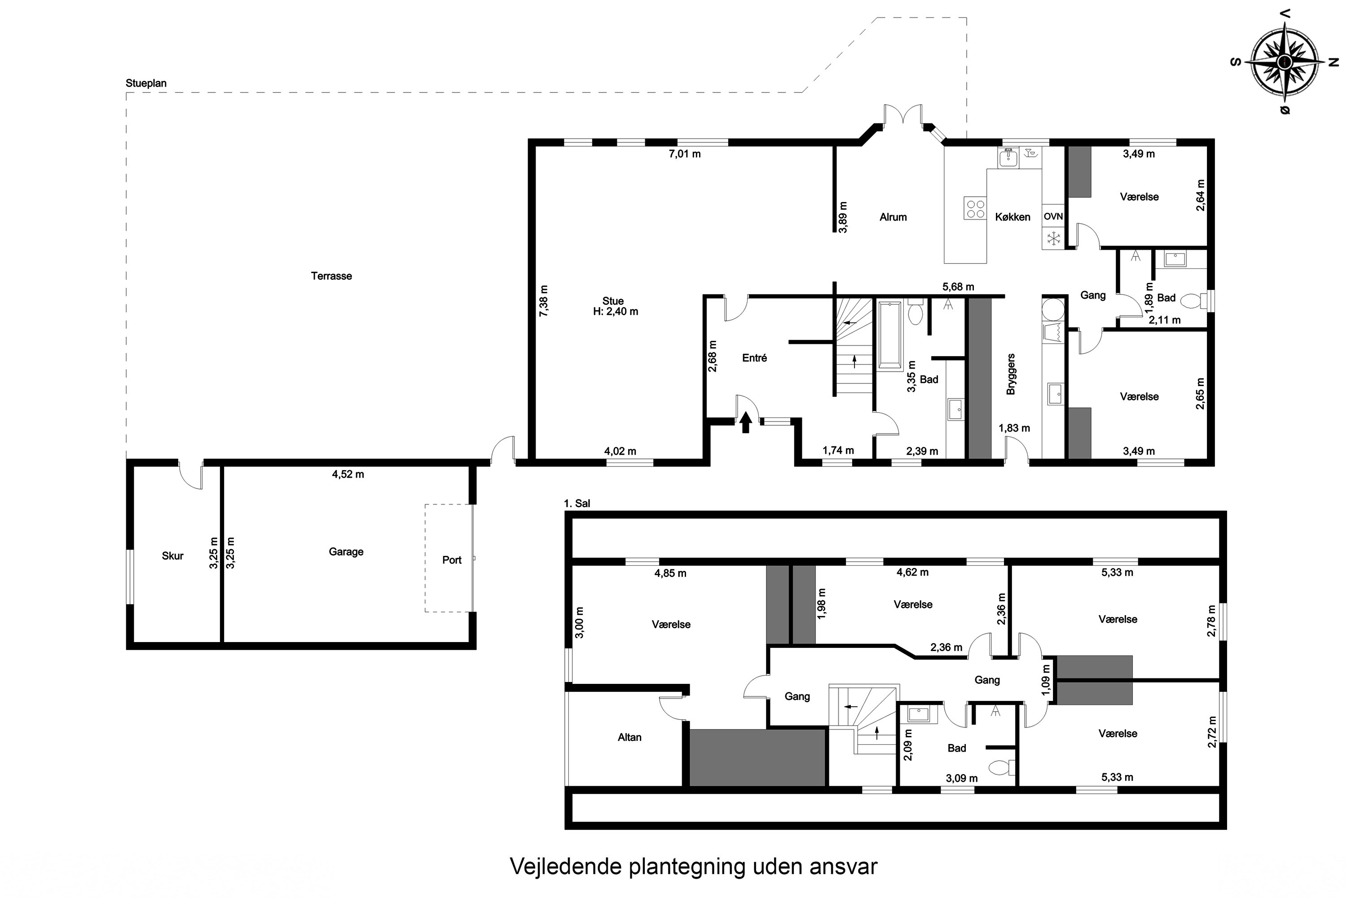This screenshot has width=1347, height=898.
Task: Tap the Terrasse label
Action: click(x=331, y=276)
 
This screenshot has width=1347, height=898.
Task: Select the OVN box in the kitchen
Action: click(x=1052, y=216)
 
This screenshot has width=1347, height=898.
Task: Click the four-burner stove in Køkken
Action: click(x=975, y=208)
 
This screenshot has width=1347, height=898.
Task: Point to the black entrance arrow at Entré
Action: click(x=745, y=423)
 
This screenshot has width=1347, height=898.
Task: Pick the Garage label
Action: click(x=346, y=551)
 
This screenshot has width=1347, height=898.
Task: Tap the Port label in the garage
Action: click(x=451, y=560)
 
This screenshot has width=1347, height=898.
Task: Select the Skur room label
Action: click(x=172, y=555)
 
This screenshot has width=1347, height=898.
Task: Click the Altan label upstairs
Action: click(x=629, y=737)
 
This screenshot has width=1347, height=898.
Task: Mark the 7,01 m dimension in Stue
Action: click(x=684, y=154)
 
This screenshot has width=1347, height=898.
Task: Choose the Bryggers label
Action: click(x=1011, y=374)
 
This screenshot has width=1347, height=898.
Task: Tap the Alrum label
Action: click(x=893, y=217)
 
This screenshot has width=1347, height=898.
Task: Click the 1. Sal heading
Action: click(x=577, y=503)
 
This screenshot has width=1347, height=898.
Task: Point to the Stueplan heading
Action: click(x=146, y=83)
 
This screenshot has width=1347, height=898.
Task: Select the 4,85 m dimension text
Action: click(x=670, y=573)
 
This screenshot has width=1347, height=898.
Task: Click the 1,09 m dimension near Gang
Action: click(x=1046, y=680)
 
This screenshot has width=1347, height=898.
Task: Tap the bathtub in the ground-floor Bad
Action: click(x=889, y=335)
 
